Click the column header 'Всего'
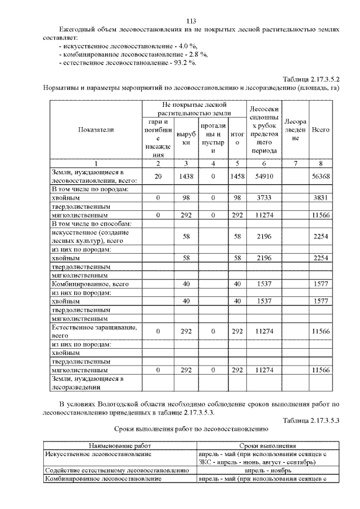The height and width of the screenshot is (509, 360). (x=321, y=130)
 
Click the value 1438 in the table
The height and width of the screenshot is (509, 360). (x=185, y=176)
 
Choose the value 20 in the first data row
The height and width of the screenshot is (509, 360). (x=158, y=176)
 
